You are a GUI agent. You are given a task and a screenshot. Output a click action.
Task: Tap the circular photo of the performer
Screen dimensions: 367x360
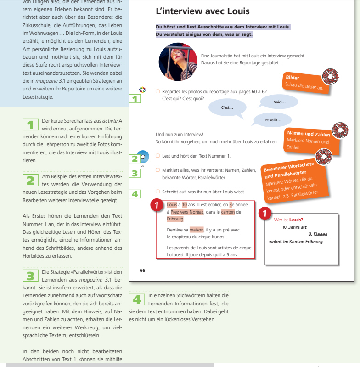click(178, 62)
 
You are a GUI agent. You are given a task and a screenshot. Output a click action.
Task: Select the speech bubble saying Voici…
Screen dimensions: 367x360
click(279, 102)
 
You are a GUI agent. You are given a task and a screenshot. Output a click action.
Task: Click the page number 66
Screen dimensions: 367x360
click(142, 270)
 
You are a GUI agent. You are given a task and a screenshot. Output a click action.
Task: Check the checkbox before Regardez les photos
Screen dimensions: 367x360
click(158, 91)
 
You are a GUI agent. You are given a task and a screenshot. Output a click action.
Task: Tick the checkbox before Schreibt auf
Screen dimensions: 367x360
click(158, 191)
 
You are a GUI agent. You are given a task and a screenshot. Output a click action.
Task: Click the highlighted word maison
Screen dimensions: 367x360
click(196, 230)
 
